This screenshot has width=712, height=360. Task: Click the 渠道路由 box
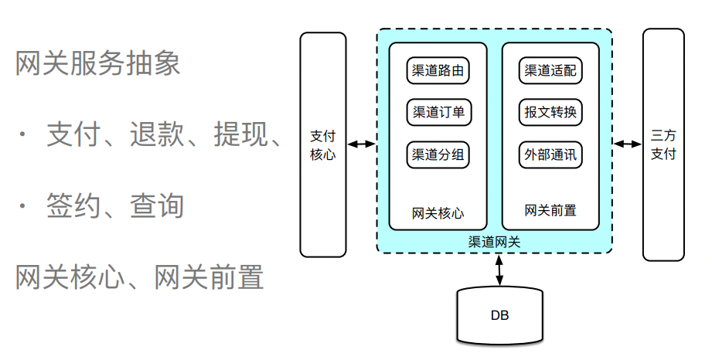click(438, 71)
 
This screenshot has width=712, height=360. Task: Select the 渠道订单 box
click(438, 113)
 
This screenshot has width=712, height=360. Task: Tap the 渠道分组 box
click(438, 155)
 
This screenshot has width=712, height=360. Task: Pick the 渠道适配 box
click(550, 71)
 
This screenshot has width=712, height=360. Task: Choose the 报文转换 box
click(550, 113)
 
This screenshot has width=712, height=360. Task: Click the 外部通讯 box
click(550, 155)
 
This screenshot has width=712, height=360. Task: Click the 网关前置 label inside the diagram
click(550, 210)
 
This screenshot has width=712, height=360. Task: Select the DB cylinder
click(499, 315)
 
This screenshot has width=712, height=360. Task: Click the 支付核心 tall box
click(323, 144)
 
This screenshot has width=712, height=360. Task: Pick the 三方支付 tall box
click(663, 144)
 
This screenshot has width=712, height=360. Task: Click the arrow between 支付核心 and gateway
click(361, 144)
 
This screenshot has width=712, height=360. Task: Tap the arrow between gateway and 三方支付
click(628, 144)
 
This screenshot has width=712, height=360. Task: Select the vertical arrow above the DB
click(499, 270)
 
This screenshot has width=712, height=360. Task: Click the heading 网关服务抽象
click(98, 64)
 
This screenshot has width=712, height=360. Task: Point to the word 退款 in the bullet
click(157, 134)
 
